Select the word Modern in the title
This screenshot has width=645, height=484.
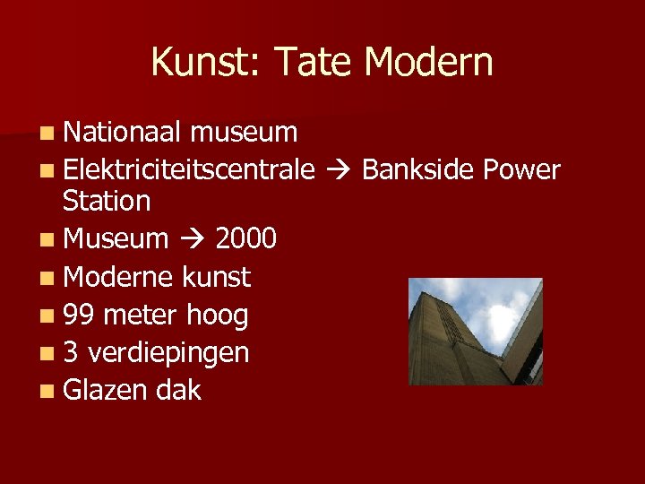(x=429, y=63)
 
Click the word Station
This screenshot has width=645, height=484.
(x=107, y=201)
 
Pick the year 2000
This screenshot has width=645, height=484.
(x=246, y=238)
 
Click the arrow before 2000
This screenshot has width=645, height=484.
(x=192, y=239)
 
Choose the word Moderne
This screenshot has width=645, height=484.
(x=119, y=277)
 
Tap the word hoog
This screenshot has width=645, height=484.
(x=217, y=315)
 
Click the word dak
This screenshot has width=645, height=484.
(x=178, y=391)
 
